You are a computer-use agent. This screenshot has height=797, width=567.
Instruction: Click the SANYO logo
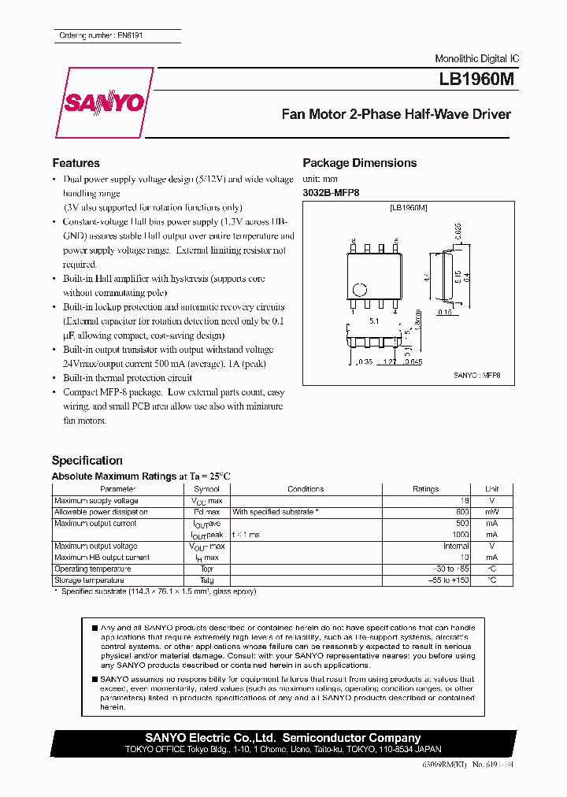coord(103,104)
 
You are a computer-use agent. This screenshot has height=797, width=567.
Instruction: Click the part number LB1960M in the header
coord(476,80)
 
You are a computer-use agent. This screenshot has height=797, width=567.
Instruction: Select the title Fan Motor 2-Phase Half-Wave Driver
coord(396,114)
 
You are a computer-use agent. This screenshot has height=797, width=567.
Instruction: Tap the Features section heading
coord(76,163)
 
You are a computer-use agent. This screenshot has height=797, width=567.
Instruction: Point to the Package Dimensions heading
coord(359,163)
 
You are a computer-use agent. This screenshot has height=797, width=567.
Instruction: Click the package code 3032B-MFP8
coord(331,192)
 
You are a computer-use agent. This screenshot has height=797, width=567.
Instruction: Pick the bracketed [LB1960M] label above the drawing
coord(408,207)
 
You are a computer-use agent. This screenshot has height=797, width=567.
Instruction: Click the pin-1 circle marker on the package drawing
coord(358,289)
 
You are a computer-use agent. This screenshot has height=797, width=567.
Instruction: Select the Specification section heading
coord(87,461)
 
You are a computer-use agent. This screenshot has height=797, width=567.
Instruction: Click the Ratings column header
coord(425,489)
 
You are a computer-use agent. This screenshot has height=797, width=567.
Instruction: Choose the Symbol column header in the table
coord(206,489)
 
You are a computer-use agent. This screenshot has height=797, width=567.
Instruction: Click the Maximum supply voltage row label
coord(96,501)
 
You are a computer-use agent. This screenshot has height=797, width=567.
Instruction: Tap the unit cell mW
coord(491,512)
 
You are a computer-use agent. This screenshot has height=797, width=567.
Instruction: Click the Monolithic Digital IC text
coord(476,59)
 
